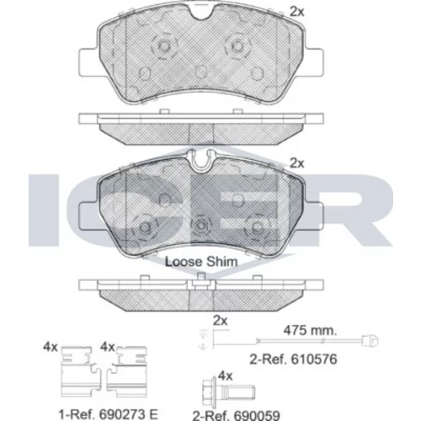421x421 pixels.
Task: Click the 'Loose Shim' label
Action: click(201, 262)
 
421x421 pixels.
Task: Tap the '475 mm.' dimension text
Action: click(310, 330)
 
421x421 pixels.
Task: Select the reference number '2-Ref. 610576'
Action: click(293, 360)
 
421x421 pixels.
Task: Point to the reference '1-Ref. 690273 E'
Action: click(109, 414)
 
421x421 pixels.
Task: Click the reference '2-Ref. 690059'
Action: click(236, 415)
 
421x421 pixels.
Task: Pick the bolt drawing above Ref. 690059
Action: click(228, 392)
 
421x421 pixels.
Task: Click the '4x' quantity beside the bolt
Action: click(226, 376)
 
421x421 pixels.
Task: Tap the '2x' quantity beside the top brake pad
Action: click(296, 12)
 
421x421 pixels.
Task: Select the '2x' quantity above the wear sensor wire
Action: click(220, 321)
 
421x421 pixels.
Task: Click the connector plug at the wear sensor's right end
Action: click(370, 341)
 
